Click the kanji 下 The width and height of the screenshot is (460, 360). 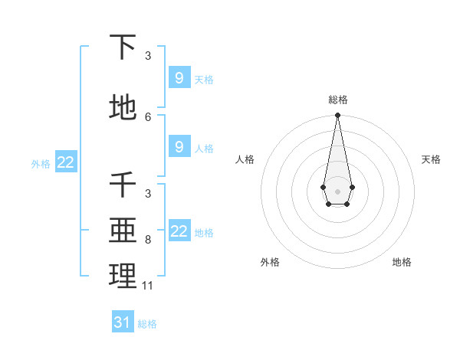tap(123, 47)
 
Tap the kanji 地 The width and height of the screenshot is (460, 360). tap(123, 108)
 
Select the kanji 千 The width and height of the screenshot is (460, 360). tap(123, 185)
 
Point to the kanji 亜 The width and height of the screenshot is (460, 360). tap(123, 230)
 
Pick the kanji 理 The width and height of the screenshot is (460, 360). tap(123, 276)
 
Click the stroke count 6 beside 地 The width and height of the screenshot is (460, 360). tap(148, 116)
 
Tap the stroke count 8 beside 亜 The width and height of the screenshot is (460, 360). tap(148, 240)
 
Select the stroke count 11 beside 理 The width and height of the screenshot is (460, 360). tap(148, 286)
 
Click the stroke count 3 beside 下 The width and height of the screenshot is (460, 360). tap(148, 55)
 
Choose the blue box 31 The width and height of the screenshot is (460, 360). tap(123, 322)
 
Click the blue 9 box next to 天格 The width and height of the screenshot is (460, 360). tap(179, 78)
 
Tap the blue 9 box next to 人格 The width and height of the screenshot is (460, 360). tap(179, 147)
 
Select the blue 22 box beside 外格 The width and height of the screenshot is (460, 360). tap(66, 162)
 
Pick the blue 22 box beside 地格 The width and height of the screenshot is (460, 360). tap(179, 231)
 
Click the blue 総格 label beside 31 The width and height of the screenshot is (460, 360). tap(147, 324)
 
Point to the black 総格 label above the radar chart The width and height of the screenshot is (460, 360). tap(337, 100)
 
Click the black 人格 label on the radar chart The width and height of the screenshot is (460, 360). tap(245, 159)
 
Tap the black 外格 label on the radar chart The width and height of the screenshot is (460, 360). tap(270, 263)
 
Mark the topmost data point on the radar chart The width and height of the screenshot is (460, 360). tap(337, 115)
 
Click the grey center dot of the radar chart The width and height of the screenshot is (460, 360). tap(337, 190)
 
